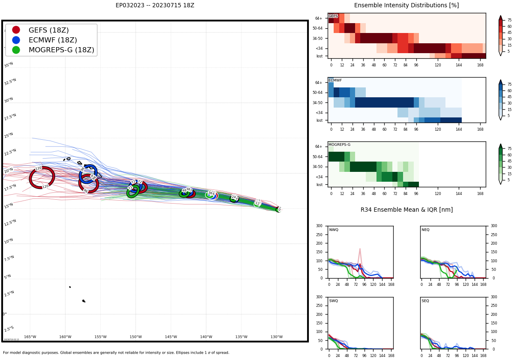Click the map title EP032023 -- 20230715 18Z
[155, 6]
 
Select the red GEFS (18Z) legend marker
[16, 30]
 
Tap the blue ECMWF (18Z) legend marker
[16, 40]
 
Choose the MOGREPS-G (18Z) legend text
[61, 50]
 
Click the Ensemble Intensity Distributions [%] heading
[406, 6]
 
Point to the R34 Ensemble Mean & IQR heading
[406, 210]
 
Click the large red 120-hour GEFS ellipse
[42, 177]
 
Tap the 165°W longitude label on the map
[30, 337]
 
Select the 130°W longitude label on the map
[276, 337]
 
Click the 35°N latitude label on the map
[9, 65]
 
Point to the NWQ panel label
[334, 230]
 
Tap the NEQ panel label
[425, 230]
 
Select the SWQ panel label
[334, 301]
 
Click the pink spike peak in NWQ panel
[360, 249]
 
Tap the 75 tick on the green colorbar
[509, 149]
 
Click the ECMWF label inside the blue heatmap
[335, 80]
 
